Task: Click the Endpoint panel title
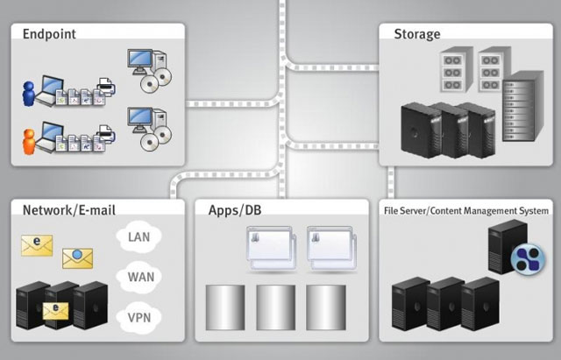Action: tap(50, 34)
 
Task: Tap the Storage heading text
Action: tap(416, 34)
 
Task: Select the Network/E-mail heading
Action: tap(68, 210)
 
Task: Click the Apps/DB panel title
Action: tap(237, 210)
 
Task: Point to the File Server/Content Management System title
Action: tap(466, 210)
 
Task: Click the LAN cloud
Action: tap(139, 236)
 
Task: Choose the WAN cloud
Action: tap(139, 276)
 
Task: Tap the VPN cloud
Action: tap(139, 315)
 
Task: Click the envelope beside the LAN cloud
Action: tap(38, 245)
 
